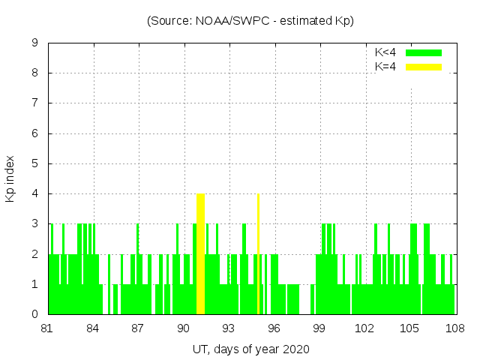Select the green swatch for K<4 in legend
click(x=424, y=52)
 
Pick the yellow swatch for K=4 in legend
click(x=424, y=67)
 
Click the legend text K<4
click(x=385, y=52)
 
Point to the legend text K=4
click(x=385, y=67)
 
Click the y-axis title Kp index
click(x=10, y=178)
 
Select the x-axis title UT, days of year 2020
click(x=250, y=349)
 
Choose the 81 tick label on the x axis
click(x=48, y=328)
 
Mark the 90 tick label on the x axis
click(x=184, y=328)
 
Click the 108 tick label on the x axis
click(x=454, y=328)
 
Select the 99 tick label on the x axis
click(x=319, y=328)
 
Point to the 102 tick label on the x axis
click(x=364, y=328)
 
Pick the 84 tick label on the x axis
click(x=93, y=328)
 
